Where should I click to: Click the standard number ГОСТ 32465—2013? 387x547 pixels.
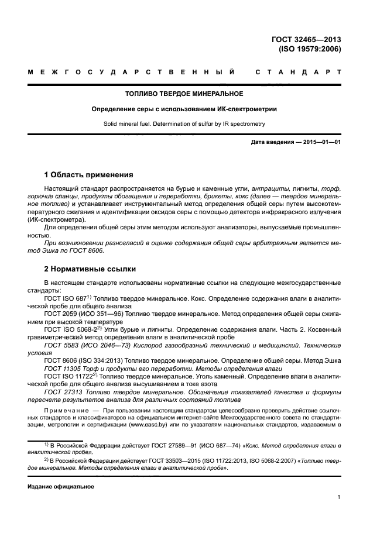point(306,40)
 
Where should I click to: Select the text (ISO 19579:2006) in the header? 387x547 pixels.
point(310,49)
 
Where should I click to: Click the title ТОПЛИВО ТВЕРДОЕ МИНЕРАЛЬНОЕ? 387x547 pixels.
point(184,94)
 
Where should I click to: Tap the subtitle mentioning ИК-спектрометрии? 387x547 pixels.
point(184,109)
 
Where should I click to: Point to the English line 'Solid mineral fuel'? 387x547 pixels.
point(184,124)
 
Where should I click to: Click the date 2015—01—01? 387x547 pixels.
point(321,142)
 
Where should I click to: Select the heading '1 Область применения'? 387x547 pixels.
point(89,174)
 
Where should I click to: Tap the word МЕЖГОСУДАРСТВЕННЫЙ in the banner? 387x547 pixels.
point(132,72)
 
